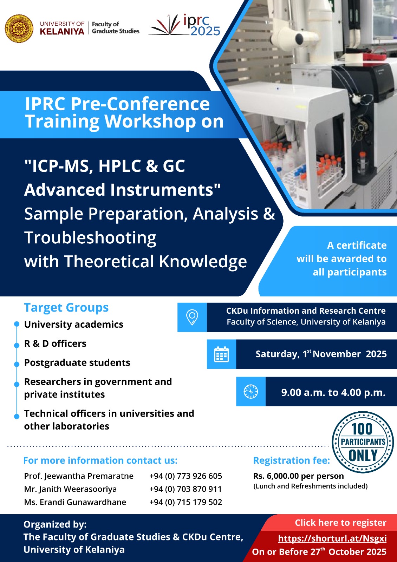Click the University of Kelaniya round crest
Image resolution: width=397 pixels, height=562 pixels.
[19, 28]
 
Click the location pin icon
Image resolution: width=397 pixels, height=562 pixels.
[192, 318]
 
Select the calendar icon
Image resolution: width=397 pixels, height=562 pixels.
[221, 354]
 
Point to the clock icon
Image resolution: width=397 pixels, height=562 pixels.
[251, 391]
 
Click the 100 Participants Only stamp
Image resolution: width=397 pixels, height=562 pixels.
[363, 442]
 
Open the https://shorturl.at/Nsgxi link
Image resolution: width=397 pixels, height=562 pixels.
[332, 538]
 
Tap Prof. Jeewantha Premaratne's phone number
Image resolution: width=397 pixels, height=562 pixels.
[186, 476]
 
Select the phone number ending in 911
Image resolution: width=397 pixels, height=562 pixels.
[186, 489]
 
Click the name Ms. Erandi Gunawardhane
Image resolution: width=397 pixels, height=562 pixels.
[75, 502]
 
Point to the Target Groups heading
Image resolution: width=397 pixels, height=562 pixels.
[66, 308]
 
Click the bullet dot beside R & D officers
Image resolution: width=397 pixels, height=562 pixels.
[17, 346]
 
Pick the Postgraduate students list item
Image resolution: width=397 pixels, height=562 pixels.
[77, 363]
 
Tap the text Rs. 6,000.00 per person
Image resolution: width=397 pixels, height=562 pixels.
[298, 476]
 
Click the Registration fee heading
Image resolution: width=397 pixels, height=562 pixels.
[292, 460]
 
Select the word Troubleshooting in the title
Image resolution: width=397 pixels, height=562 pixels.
[90, 238]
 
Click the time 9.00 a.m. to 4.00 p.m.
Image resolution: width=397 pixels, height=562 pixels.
[333, 392]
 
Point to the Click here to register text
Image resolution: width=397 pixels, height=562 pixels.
[340, 523]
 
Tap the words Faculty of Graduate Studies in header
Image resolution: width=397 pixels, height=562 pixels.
[116, 28]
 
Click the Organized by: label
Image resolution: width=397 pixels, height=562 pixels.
[55, 524]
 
